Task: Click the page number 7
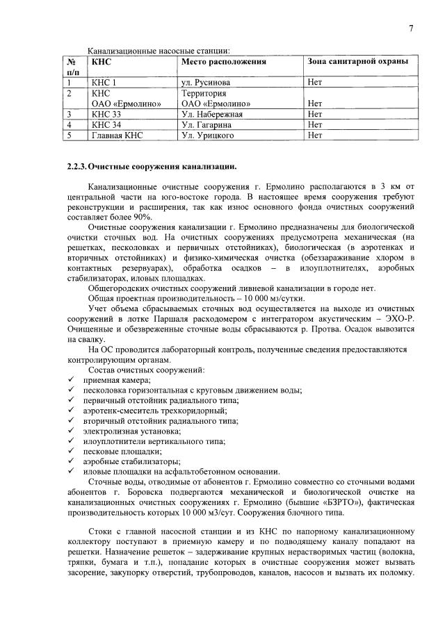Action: pos(411,28)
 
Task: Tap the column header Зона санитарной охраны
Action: pos(357,62)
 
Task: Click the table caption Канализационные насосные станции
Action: pos(158,51)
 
